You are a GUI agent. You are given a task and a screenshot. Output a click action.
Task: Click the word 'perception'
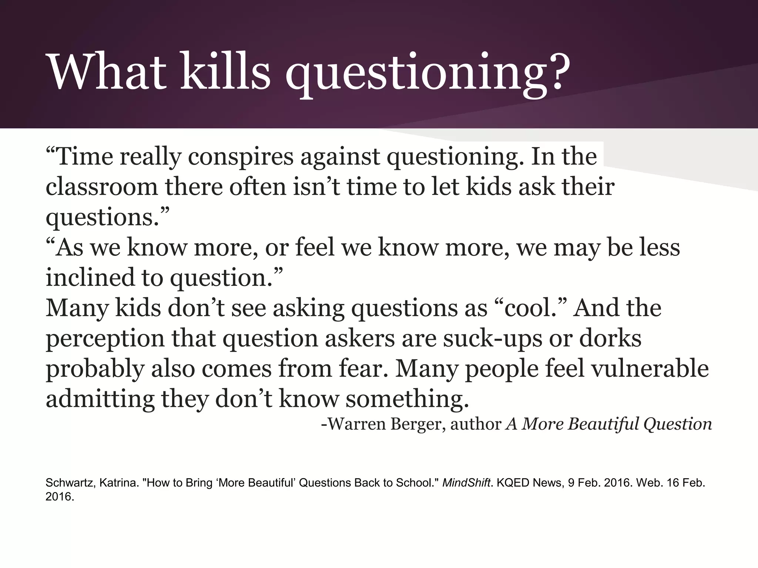pos(105,339)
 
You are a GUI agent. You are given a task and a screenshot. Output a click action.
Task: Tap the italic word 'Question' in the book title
pos(677,424)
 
